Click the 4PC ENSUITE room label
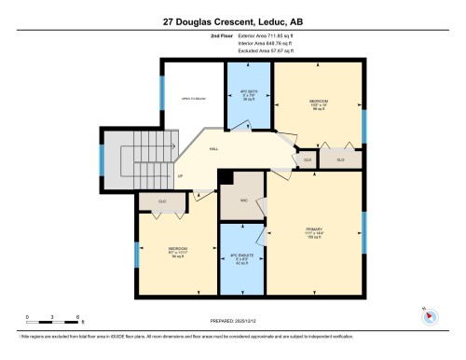241,259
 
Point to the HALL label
213,148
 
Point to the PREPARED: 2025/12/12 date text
232,320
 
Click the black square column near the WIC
224,176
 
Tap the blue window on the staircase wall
102,159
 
